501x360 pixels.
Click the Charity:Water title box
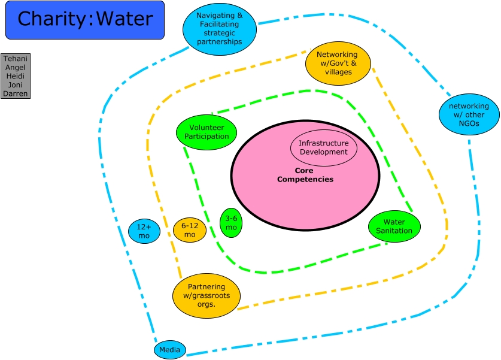(84, 20)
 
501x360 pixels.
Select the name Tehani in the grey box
(16, 59)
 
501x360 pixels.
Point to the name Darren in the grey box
(16, 93)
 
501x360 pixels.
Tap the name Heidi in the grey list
(16, 76)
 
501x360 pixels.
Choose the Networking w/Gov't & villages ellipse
(338, 63)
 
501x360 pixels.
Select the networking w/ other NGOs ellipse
(469, 114)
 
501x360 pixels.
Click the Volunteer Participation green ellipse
(206, 132)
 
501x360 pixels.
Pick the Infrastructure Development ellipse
(323, 147)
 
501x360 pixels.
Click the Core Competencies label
(305, 175)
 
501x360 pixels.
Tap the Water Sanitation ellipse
(394, 226)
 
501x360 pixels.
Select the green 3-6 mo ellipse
(231, 223)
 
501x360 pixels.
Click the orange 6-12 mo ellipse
(190, 231)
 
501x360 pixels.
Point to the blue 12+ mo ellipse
(144, 231)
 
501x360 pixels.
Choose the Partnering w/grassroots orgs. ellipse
(206, 295)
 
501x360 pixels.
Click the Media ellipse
(170, 350)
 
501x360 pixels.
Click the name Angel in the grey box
(16, 67)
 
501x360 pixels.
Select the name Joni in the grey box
(16, 84)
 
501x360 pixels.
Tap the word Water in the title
(125, 19)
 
